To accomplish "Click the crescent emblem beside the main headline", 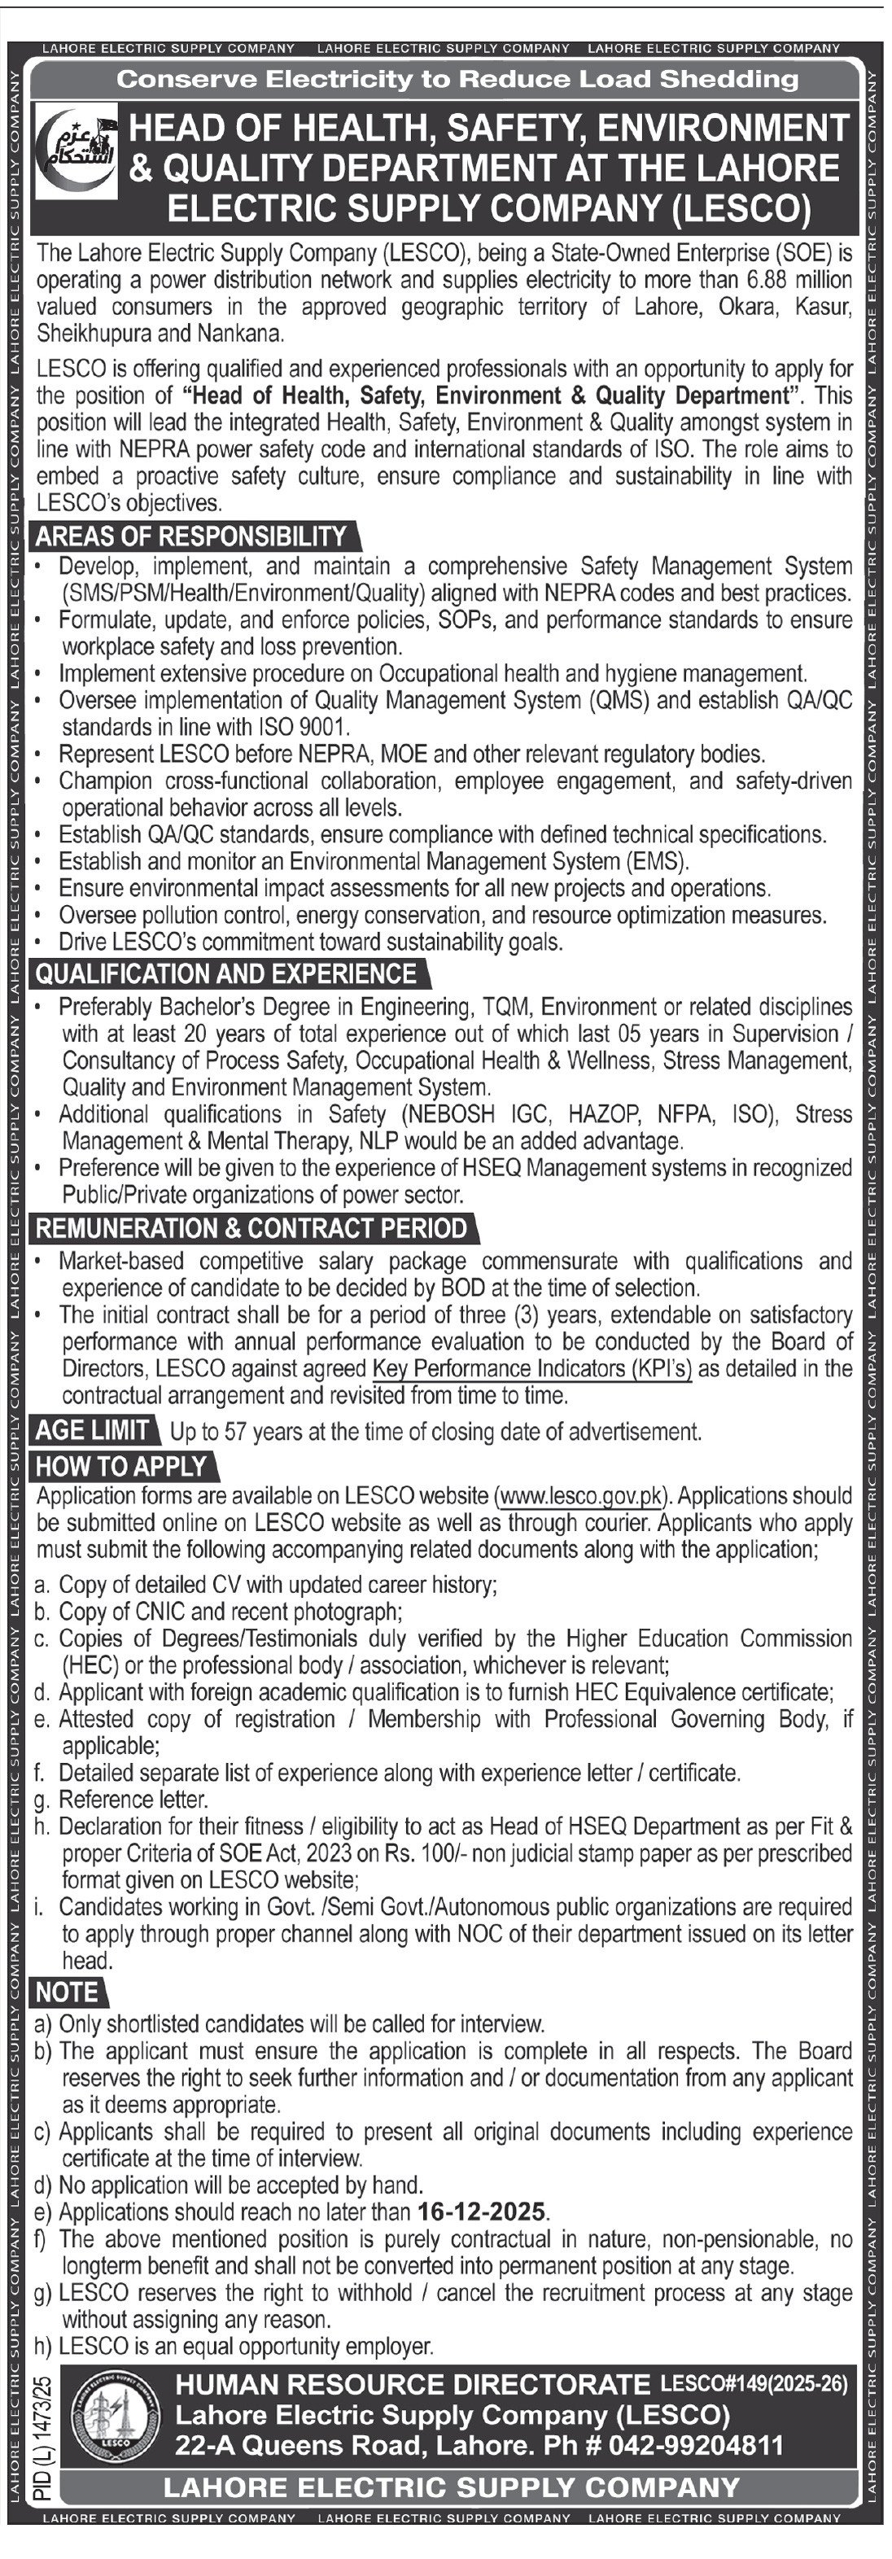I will point(76,149).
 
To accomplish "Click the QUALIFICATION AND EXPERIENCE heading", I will point(225,973).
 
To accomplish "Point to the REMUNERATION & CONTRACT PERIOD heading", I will point(251,1228).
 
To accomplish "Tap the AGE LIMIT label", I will point(93,1431).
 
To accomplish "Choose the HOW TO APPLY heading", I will point(121,1466).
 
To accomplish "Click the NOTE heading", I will point(67,1993).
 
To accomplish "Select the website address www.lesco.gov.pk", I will point(580,1496).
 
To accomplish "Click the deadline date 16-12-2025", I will point(482,2211).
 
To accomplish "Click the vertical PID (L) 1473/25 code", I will point(42,2423).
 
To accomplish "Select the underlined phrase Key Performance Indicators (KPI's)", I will point(531,1369).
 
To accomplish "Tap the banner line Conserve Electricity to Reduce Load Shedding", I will point(457,80).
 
